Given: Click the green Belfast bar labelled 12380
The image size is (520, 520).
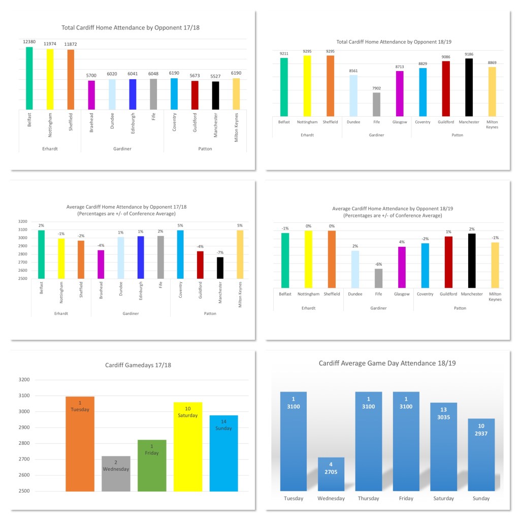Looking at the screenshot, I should tap(29, 78).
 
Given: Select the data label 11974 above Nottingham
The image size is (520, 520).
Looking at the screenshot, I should tap(50, 44).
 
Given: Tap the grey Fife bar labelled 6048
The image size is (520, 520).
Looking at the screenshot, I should tap(153, 94).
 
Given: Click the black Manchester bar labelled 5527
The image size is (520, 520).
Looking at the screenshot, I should tap(215, 95).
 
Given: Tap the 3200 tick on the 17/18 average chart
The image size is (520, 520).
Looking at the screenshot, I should tap(23, 221).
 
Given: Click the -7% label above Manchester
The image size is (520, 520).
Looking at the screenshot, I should tap(220, 252).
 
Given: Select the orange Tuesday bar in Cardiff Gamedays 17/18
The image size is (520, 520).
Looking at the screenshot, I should tap(80, 444).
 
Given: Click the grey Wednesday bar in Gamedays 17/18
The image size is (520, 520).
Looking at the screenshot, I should tap(116, 474).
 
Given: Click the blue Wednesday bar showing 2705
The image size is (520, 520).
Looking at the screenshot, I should tap(331, 477).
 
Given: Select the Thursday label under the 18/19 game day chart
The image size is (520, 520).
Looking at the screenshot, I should tap(368, 498).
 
